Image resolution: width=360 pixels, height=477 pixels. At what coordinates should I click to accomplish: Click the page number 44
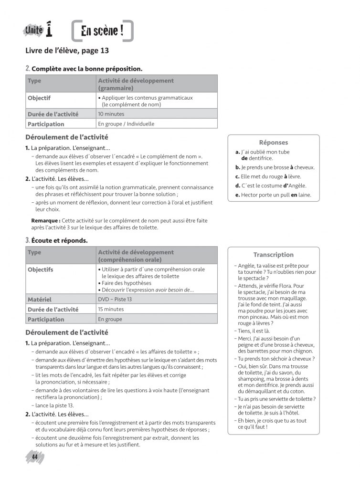34,457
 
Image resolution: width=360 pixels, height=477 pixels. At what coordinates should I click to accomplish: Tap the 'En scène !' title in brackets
102,31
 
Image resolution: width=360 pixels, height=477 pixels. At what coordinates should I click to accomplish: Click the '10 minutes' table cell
111,114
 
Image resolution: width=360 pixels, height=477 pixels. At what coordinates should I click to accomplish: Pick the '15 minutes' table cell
111,309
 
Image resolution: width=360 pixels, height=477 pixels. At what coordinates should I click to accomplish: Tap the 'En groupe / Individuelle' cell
126,124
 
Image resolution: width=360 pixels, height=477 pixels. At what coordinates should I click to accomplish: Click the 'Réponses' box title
273,142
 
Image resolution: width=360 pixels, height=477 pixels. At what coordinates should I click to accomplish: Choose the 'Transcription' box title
273,255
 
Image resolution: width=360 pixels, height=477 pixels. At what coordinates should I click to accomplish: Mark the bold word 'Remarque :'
46,220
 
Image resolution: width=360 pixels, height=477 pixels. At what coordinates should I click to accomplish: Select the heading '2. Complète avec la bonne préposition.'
84,69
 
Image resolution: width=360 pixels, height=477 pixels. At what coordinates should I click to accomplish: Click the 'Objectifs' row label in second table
41,270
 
